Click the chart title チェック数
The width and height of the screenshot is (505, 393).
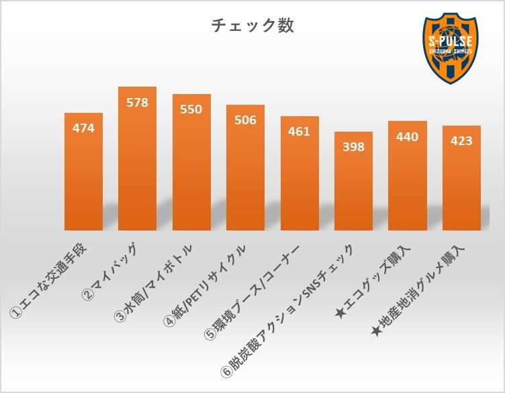(x=252, y=26)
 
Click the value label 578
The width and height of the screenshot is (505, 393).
(x=137, y=103)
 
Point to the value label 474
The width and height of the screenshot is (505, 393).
(x=83, y=128)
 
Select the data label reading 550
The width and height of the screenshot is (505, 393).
(x=191, y=110)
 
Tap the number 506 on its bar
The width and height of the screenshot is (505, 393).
(x=245, y=120)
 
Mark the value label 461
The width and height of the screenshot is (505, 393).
(x=300, y=131)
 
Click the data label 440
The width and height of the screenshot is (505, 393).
(x=408, y=137)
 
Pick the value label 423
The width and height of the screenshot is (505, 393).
(x=461, y=141)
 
